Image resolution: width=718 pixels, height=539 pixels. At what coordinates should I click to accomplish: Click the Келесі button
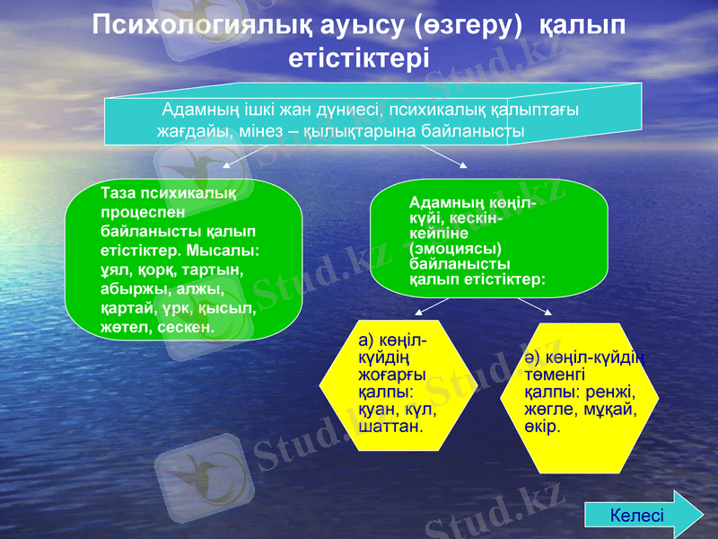click(638, 516)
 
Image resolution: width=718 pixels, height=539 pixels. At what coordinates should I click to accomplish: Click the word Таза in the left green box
click(119, 193)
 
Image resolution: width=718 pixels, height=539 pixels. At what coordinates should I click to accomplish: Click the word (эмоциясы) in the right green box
click(455, 248)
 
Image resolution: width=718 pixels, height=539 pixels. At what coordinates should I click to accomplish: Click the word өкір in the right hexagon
click(541, 427)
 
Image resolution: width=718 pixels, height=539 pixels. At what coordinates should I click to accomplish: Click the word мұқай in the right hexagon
click(610, 410)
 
